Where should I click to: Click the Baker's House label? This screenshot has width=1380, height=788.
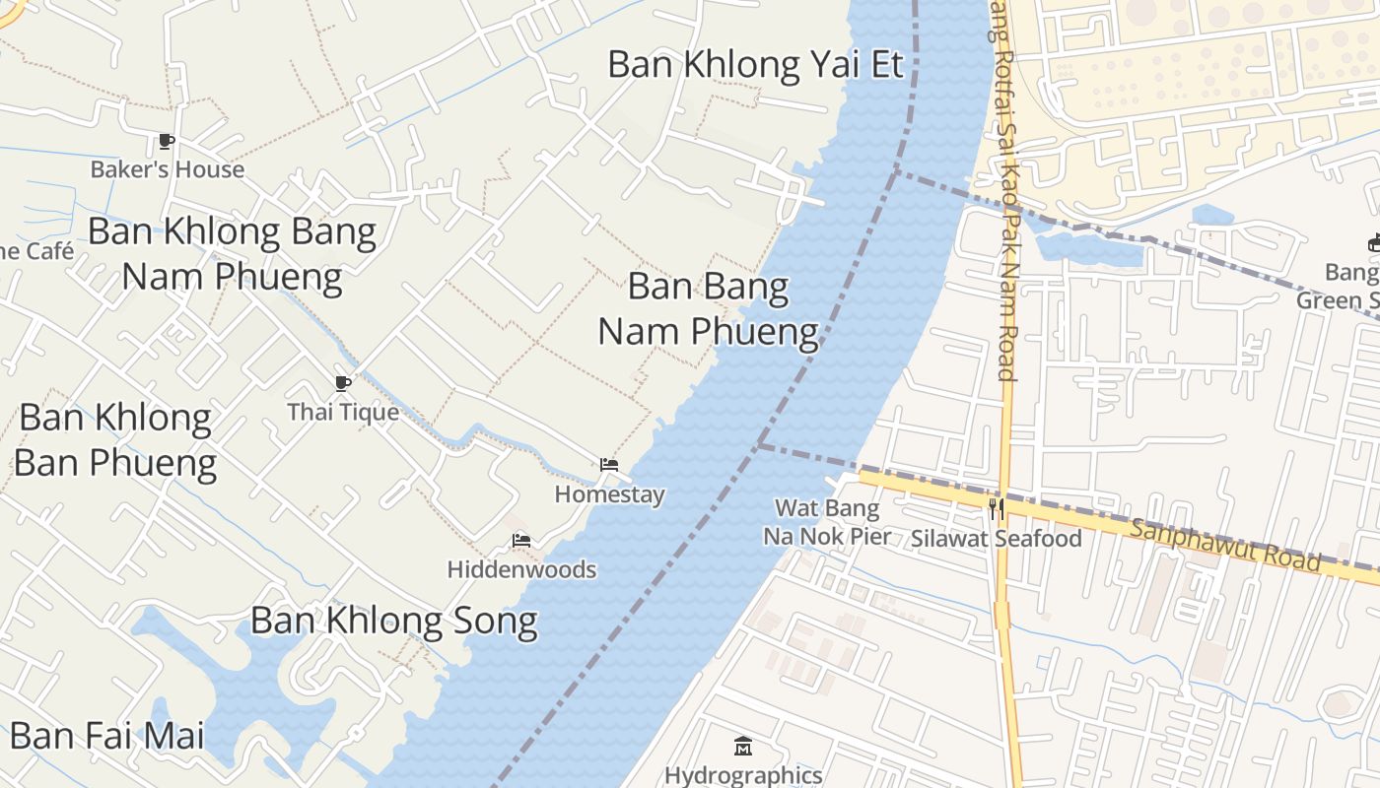click(x=167, y=169)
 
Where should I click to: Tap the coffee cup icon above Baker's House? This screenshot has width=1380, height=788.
click(x=167, y=142)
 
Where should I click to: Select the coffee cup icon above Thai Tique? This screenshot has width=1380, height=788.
click(x=343, y=383)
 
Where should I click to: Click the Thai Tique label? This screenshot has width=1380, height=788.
click(x=343, y=412)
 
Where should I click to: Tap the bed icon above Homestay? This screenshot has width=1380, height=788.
click(x=609, y=465)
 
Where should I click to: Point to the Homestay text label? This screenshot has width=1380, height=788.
click(x=609, y=494)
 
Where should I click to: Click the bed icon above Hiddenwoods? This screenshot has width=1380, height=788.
click(x=521, y=540)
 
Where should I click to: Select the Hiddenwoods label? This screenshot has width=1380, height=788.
click(x=521, y=569)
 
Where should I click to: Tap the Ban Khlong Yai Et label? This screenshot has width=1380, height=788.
click(x=755, y=65)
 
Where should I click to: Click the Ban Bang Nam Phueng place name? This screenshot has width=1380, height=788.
click(x=709, y=309)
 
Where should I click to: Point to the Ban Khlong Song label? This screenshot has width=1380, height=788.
click(x=393, y=622)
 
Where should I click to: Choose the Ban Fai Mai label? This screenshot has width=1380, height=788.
click(x=106, y=736)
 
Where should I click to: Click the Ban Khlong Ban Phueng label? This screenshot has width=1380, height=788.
click(x=115, y=440)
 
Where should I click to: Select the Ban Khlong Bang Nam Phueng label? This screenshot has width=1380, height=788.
click(x=232, y=254)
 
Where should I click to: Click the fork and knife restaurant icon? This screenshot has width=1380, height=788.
click(x=997, y=508)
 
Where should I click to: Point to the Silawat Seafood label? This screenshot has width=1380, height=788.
click(x=996, y=538)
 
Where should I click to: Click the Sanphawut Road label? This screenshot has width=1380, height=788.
click(x=1224, y=545)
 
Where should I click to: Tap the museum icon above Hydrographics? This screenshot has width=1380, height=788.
click(x=743, y=746)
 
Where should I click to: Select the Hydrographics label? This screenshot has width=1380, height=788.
click(x=743, y=775)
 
